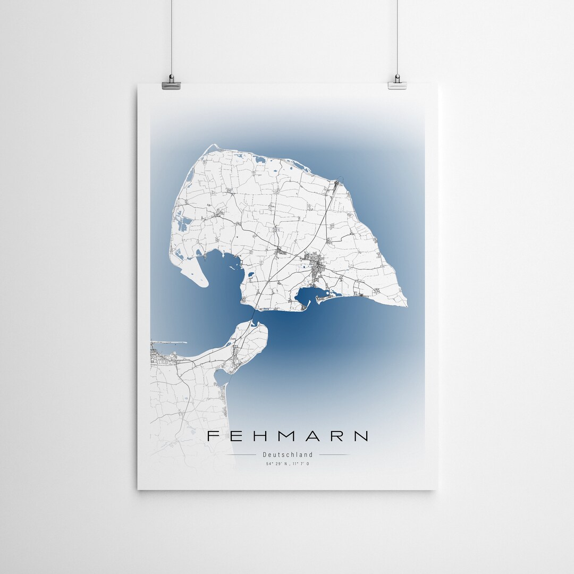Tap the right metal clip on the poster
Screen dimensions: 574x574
(x=397, y=82)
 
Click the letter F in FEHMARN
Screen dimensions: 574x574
(x=212, y=436)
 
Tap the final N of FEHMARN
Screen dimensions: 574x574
(x=361, y=436)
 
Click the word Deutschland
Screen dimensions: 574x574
(x=288, y=454)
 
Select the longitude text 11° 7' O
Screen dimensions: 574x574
(x=300, y=464)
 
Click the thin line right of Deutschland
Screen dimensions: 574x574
(x=334, y=455)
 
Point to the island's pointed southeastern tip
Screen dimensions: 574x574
(x=406, y=305)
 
